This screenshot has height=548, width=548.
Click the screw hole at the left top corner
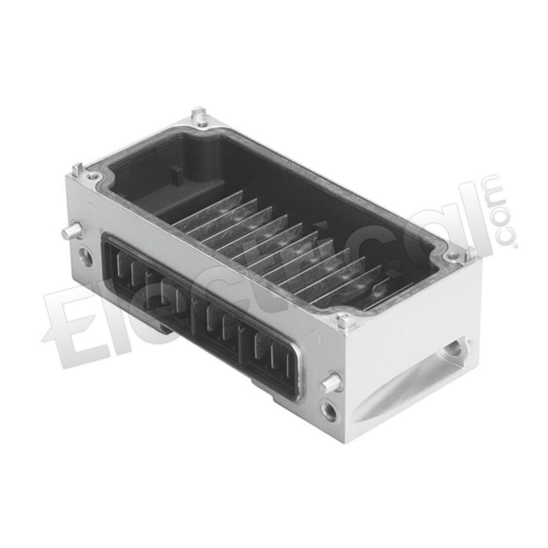point(92,176)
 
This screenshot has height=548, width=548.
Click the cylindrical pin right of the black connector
point(330,381)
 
